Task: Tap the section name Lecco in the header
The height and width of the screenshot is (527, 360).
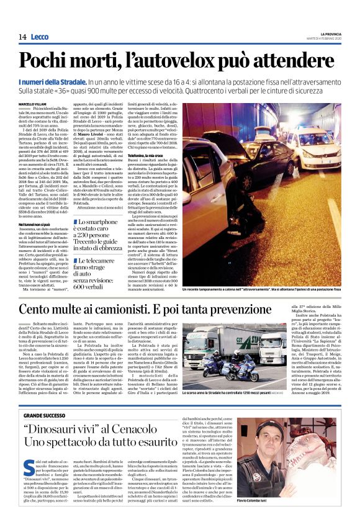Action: [38, 37]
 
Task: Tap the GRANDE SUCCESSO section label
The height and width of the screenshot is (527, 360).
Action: [44, 414]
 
